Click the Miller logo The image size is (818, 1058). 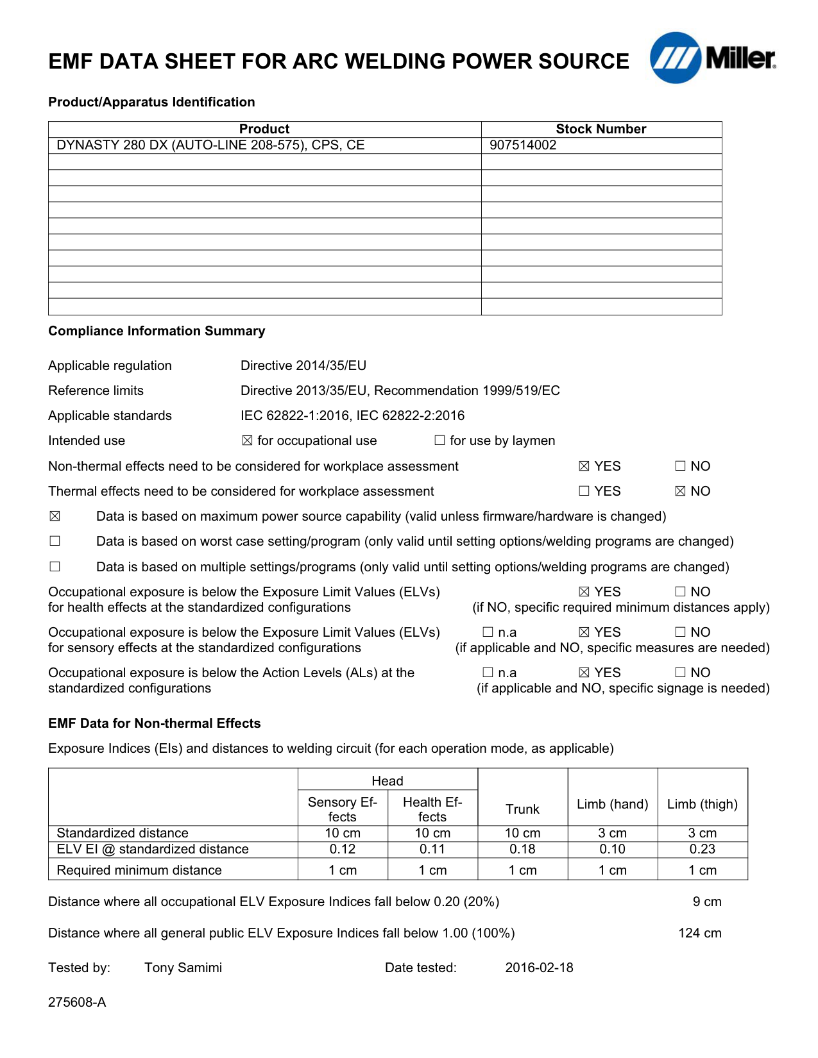coord(712,58)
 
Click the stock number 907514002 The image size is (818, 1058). coord(523,145)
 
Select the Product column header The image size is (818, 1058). coord(264,129)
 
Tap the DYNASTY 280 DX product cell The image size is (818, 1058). coord(210,145)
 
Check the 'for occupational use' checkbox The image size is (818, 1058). coord(248,441)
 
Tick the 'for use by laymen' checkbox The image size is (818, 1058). coord(439,441)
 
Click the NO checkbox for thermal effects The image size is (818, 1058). coord(681,491)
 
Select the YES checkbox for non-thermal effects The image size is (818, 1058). coord(584,466)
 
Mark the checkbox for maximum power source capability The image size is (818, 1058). coord(55,516)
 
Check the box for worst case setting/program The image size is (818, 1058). coord(55,541)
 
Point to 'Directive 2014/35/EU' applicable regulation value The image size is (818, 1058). coord(303,365)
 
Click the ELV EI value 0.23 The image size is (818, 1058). coord(703,849)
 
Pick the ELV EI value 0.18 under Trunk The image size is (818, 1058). coord(522,849)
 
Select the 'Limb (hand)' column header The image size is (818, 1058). coord(613,804)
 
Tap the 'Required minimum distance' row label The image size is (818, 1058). coord(139,870)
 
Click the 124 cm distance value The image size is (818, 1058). coord(699,933)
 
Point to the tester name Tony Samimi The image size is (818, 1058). coord(183,968)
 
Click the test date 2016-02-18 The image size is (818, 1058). coord(539,968)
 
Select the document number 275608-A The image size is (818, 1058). coord(77,1002)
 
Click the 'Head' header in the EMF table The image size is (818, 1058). coord(388,781)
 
